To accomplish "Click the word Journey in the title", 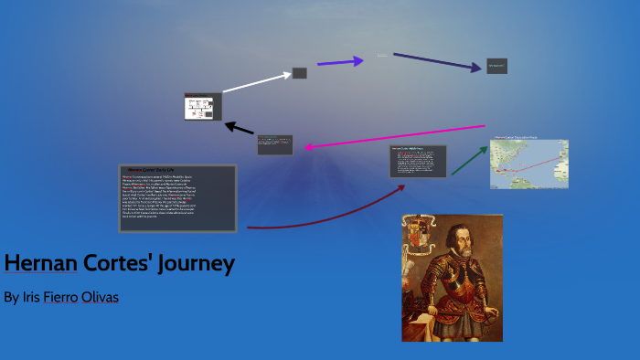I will point(197,263).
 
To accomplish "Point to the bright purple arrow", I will point(339,62).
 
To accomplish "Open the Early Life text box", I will point(177,197).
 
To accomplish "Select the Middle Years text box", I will point(418,161).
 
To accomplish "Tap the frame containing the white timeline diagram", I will point(202,106).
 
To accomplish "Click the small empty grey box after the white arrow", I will point(299,73).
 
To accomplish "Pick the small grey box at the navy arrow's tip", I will point(496,66).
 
